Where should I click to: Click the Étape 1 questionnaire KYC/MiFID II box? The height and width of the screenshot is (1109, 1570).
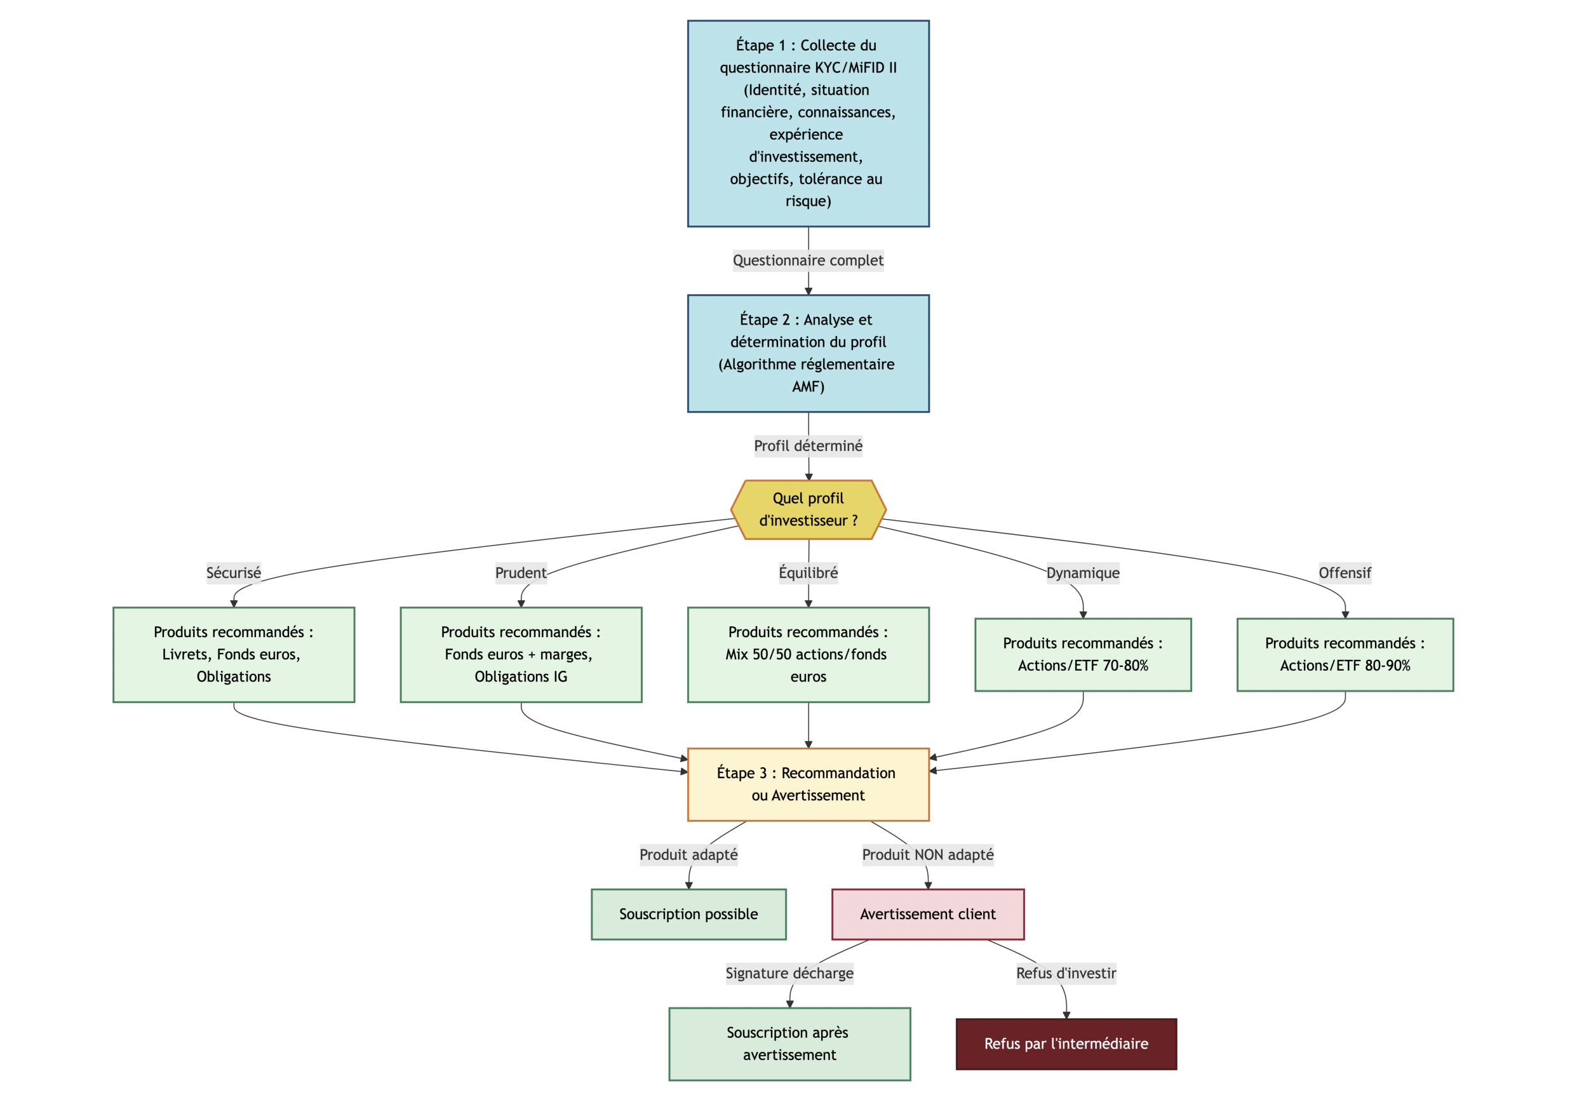point(808,123)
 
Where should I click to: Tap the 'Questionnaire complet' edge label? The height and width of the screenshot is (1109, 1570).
point(808,260)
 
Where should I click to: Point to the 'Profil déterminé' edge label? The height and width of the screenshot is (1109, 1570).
point(808,446)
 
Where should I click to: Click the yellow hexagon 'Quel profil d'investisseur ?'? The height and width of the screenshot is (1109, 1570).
point(808,509)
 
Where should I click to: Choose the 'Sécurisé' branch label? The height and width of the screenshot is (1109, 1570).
point(233,573)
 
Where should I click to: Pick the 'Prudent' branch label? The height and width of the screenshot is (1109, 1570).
point(520,573)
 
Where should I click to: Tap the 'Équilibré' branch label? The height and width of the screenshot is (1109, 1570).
point(808,573)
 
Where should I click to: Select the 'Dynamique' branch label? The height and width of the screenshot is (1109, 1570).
point(1082,573)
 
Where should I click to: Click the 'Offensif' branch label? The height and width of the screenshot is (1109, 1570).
point(1345,573)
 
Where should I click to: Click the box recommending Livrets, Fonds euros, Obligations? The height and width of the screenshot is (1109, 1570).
point(233,654)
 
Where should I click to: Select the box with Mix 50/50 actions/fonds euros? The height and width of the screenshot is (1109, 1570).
point(808,654)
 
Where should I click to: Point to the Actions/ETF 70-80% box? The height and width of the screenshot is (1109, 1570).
point(1082,654)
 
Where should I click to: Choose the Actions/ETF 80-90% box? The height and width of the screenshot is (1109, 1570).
point(1345,654)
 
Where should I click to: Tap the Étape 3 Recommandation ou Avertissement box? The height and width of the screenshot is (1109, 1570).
point(808,784)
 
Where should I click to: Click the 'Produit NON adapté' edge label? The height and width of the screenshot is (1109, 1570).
point(927,855)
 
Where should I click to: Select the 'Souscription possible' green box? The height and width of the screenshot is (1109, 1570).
point(688,914)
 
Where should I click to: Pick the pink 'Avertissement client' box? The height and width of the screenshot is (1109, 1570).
point(927,914)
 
